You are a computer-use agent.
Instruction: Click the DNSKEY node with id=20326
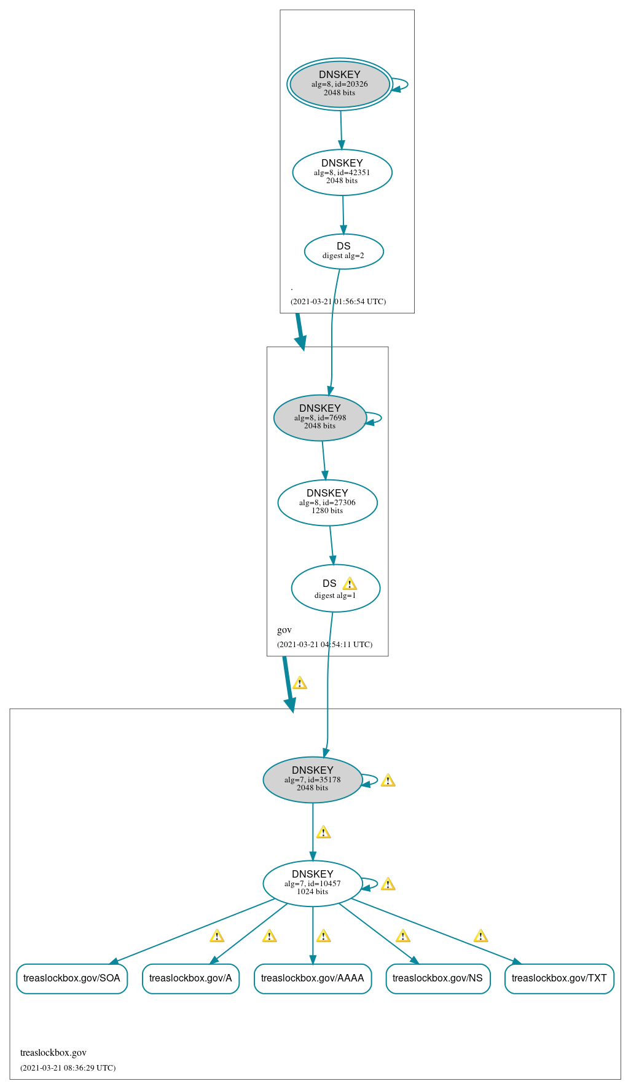pyautogui.click(x=339, y=84)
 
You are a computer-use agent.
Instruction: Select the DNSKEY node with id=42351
pyautogui.click(x=342, y=172)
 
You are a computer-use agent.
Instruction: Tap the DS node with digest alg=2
pyautogui.click(x=343, y=251)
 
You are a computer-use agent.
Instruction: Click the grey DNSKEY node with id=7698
pyautogui.click(x=319, y=417)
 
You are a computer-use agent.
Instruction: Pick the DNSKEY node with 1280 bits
pyautogui.click(x=327, y=502)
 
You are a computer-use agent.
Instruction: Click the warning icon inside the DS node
pyautogui.click(x=350, y=584)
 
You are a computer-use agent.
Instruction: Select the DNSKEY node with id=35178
pyautogui.click(x=312, y=779)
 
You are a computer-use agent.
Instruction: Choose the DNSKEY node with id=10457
pyautogui.click(x=312, y=883)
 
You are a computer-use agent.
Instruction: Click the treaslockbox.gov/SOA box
pyautogui.click(x=72, y=978)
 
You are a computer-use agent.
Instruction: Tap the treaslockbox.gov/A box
pyautogui.click(x=190, y=978)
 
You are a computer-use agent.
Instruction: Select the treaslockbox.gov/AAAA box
pyautogui.click(x=312, y=978)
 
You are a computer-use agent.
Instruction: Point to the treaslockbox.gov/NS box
pyautogui.click(x=437, y=978)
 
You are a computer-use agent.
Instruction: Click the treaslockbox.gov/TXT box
pyautogui.click(x=559, y=978)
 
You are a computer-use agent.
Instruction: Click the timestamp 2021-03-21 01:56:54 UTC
pyautogui.click(x=338, y=302)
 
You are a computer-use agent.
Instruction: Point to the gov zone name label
pyautogui.click(x=284, y=630)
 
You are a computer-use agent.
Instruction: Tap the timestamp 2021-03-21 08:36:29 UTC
pyautogui.click(x=68, y=1067)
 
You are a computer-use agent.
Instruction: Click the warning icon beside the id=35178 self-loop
pyautogui.click(x=388, y=780)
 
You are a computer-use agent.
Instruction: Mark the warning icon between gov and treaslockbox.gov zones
pyautogui.click(x=299, y=683)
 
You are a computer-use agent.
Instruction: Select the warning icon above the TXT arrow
pyautogui.click(x=480, y=936)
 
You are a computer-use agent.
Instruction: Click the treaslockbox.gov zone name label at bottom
pyautogui.click(x=53, y=1053)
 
